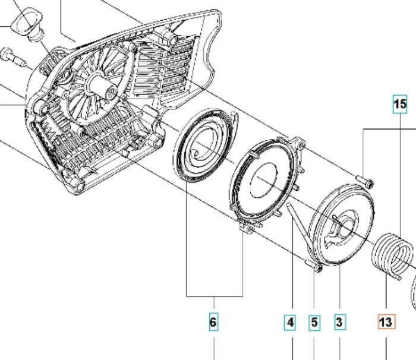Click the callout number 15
pos(400,104)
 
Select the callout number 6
pos(213,322)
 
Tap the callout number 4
pos(290,323)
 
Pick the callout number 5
pos(314,323)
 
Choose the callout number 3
pos(339,323)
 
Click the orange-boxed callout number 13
pos(386,322)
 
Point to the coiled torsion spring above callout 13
pos(392,255)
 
